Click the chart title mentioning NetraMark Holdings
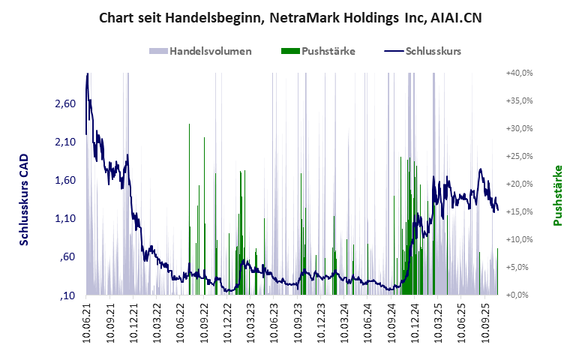tap(289, 17)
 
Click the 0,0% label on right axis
tap(520, 295)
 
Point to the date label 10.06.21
tap(87, 323)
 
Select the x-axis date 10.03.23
tap(251, 323)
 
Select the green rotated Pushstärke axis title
tap(557, 195)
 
